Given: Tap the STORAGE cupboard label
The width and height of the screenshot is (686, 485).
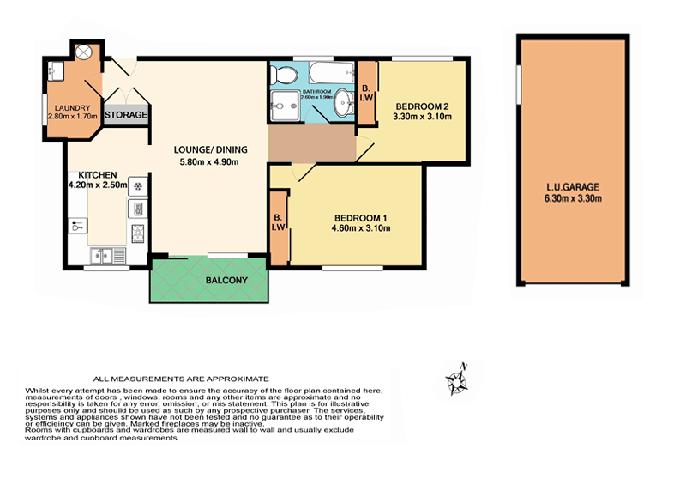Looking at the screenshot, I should pos(127,114).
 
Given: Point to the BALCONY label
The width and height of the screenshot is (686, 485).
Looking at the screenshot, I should pos(226,282).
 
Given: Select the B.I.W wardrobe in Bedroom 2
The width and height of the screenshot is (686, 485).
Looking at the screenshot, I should pos(366,93).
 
